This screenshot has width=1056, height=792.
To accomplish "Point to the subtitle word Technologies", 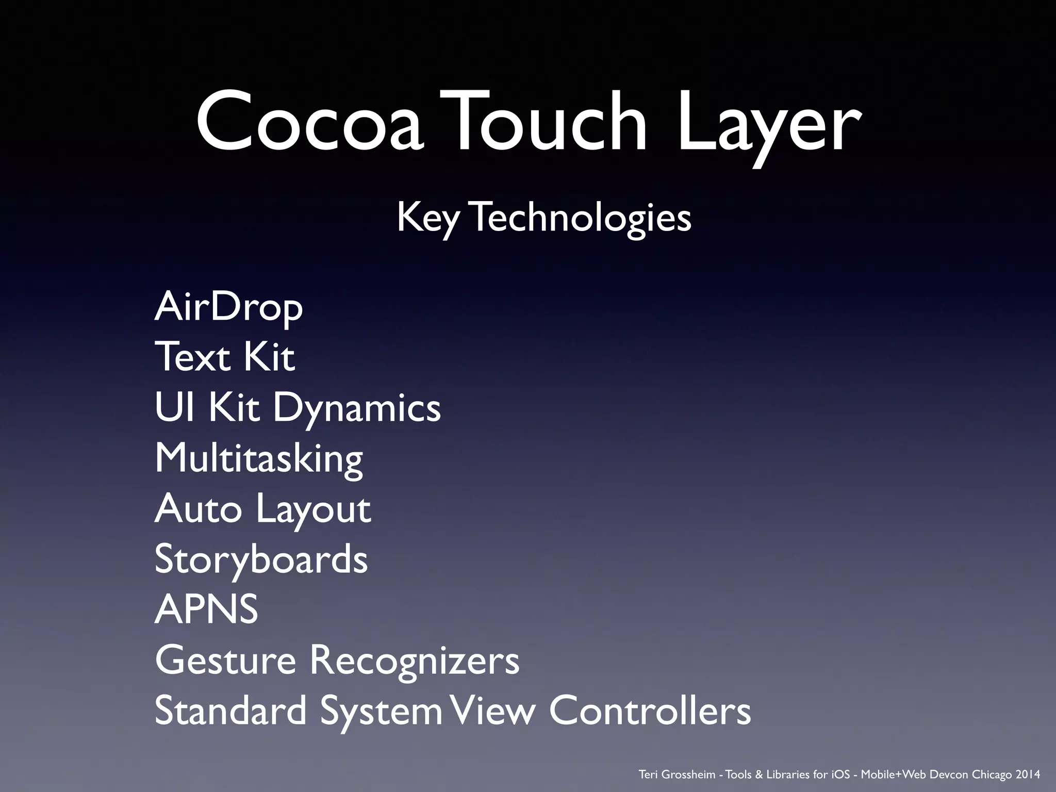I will click(x=582, y=218).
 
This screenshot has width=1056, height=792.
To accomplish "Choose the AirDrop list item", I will click(x=228, y=308).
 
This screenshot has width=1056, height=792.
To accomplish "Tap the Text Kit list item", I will click(x=225, y=357).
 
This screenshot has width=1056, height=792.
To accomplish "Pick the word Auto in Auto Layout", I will click(x=198, y=509).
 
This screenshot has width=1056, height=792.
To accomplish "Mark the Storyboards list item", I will click(x=261, y=559).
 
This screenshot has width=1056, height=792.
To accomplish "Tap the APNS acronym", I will click(x=206, y=609).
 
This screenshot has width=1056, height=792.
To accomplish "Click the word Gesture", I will click(x=225, y=661).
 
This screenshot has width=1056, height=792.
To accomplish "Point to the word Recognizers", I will click(x=415, y=661).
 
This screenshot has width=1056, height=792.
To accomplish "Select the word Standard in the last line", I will click(x=230, y=711).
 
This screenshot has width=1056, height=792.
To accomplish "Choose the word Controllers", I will click(x=650, y=711).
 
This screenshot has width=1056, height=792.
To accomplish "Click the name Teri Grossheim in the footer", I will click(x=676, y=774).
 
